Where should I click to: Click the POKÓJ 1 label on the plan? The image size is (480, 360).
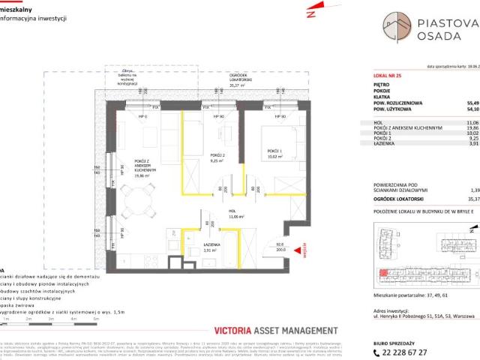click(x=269, y=155)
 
